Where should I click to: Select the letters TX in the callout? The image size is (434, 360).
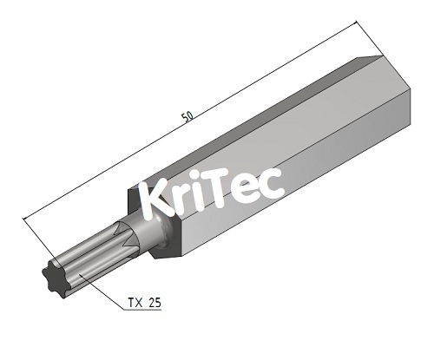pos(135,303)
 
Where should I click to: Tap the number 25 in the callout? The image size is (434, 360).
pos(154,303)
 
